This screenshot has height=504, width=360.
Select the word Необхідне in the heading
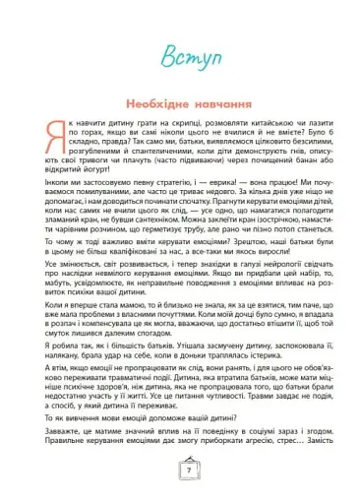145,104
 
